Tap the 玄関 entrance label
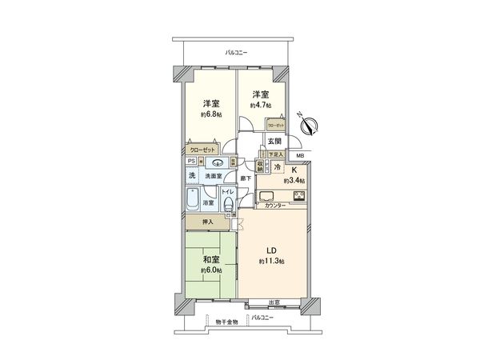pos(274,142)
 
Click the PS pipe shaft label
pos(190,160)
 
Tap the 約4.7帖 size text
pos(261,105)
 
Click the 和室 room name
pos(211,260)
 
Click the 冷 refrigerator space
pos(277,167)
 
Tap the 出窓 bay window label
pos(274,302)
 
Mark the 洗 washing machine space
pos(192,175)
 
